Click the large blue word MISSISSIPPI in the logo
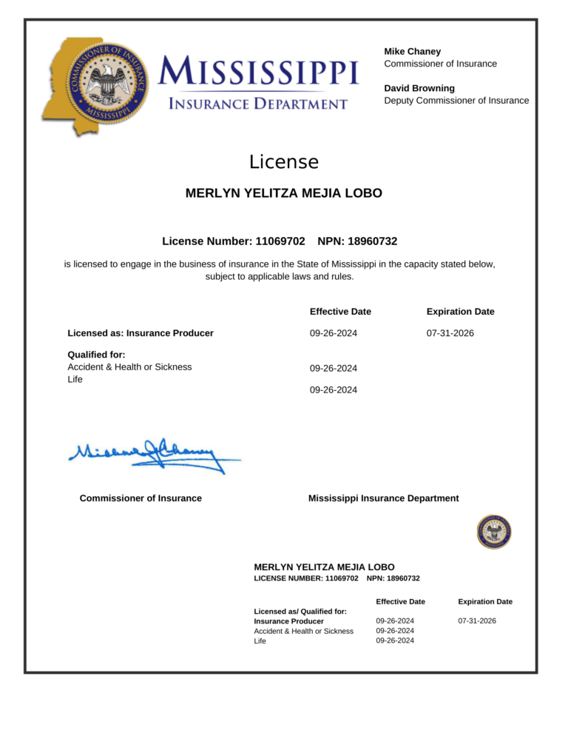tap(259, 73)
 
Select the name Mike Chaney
tap(412, 51)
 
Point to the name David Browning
tap(419, 88)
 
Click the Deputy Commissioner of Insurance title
tap(456, 100)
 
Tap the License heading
tap(283, 162)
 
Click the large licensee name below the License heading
tap(283, 193)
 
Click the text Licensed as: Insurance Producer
tap(141, 333)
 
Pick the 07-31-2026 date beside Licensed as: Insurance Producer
tap(450, 333)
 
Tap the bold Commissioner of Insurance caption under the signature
tap(141, 498)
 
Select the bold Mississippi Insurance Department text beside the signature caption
tap(383, 498)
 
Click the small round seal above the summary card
tap(494, 532)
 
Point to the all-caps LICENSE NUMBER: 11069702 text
tap(306, 578)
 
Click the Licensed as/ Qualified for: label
tap(301, 611)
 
